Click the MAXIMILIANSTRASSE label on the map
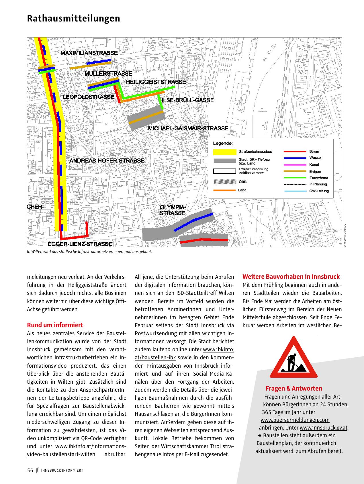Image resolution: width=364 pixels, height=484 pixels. tap(89, 53)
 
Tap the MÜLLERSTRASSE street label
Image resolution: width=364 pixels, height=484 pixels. tap(108, 74)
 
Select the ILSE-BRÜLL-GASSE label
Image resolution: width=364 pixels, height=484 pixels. tap(188, 100)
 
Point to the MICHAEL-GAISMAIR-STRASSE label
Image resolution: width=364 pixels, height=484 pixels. tap(188, 128)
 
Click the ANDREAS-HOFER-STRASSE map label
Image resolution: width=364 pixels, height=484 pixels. tap(107, 160)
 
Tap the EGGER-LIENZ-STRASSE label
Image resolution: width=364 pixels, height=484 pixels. tap(80, 244)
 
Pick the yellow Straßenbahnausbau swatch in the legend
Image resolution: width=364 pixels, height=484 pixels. tap(224, 151)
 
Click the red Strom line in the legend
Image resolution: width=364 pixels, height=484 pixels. tap(295, 151)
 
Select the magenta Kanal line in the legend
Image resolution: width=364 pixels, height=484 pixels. tap(295, 165)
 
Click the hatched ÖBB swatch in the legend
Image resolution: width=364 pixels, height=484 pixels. tap(224, 182)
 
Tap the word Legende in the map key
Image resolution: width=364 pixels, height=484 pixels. tap(223, 143)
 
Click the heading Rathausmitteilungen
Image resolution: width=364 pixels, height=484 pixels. tap(73, 19)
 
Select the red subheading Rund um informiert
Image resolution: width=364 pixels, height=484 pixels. tap(55, 325)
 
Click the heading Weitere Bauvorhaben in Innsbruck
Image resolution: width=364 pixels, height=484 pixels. tap(291, 277)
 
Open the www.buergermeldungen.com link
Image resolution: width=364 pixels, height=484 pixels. tap(295, 420)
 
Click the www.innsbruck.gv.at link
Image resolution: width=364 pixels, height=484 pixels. tap(323, 428)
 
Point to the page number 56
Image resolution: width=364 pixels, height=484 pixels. tap(30, 470)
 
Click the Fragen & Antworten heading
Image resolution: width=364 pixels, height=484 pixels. tap(294, 388)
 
